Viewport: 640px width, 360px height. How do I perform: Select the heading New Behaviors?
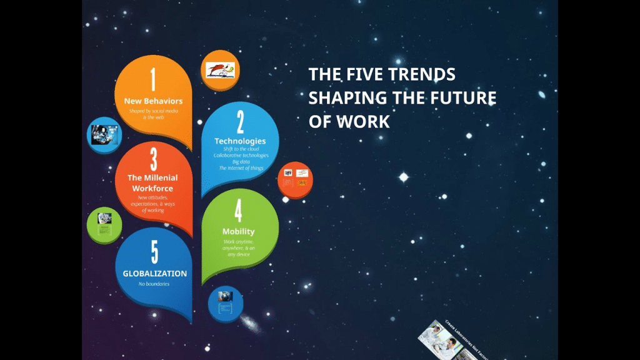coord(153,101)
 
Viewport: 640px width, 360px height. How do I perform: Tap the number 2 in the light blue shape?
coord(240,121)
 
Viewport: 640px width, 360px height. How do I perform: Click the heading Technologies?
coord(240,141)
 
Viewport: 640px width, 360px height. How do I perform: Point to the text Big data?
coord(241,161)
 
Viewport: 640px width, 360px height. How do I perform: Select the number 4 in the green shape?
coord(238,211)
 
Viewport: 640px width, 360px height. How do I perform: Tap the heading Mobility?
coord(238,231)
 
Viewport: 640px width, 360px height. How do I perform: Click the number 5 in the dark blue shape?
coord(154,252)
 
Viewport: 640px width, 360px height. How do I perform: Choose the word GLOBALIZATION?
coord(154,274)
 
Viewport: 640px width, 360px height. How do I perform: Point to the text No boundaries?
coord(154,284)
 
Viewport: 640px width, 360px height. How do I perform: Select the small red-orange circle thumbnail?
coord(295,179)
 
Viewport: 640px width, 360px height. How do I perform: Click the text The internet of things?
coord(241,168)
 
